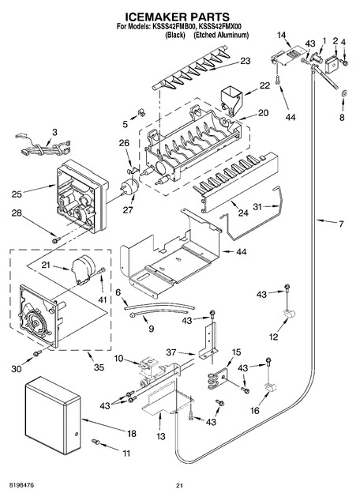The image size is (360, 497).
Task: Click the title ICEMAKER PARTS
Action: (x=178, y=17)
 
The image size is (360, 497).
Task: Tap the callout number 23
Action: (x=245, y=61)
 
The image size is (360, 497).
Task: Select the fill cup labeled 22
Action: (x=231, y=100)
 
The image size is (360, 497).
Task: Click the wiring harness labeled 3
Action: (x=43, y=147)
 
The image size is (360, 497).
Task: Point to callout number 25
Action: (x=17, y=194)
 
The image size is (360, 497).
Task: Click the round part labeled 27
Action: (x=129, y=186)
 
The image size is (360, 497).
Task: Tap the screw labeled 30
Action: (x=37, y=352)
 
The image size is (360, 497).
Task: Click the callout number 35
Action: (x=99, y=367)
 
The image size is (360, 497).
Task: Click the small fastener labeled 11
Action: (x=96, y=441)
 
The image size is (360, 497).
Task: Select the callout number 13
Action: (x=161, y=436)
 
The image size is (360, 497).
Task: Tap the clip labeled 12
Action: (x=289, y=314)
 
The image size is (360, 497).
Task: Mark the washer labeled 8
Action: (x=344, y=93)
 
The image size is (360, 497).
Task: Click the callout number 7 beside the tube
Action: (x=341, y=224)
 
